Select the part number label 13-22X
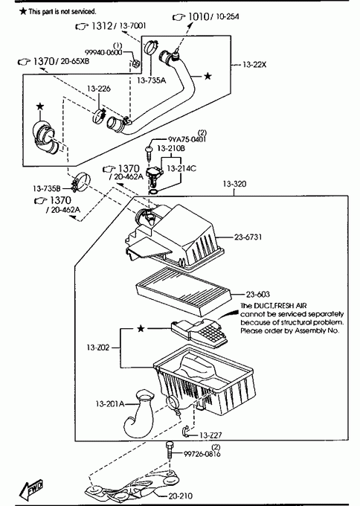(x=254, y=65)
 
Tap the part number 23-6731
(x=248, y=237)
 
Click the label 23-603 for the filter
(x=258, y=295)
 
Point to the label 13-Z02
(x=98, y=348)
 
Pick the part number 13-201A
(x=110, y=404)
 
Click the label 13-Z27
(x=210, y=435)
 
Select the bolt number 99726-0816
(x=202, y=454)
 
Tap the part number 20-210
(x=180, y=496)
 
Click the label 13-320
(x=234, y=184)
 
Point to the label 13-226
(x=99, y=89)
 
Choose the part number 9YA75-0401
(x=187, y=139)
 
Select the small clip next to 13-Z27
(x=186, y=432)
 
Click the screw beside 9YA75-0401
(x=150, y=153)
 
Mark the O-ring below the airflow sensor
(x=153, y=192)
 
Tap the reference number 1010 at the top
(x=199, y=16)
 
